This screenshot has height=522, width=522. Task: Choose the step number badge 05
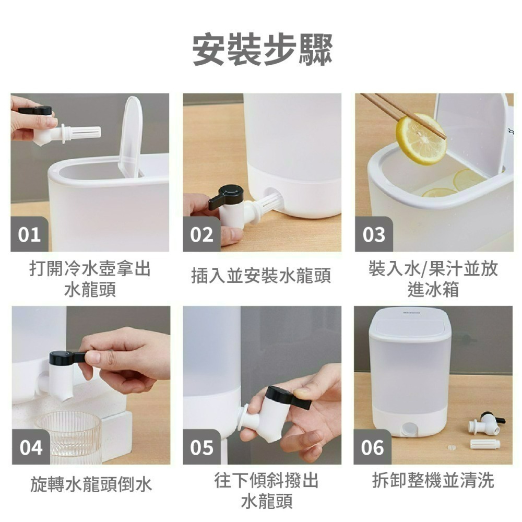pos(202,447)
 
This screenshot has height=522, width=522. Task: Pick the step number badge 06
pos(373,447)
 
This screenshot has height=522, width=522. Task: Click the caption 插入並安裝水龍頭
pos(262,276)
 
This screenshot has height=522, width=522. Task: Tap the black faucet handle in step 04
pos(68,358)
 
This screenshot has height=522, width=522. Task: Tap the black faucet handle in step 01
pos(35,111)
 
